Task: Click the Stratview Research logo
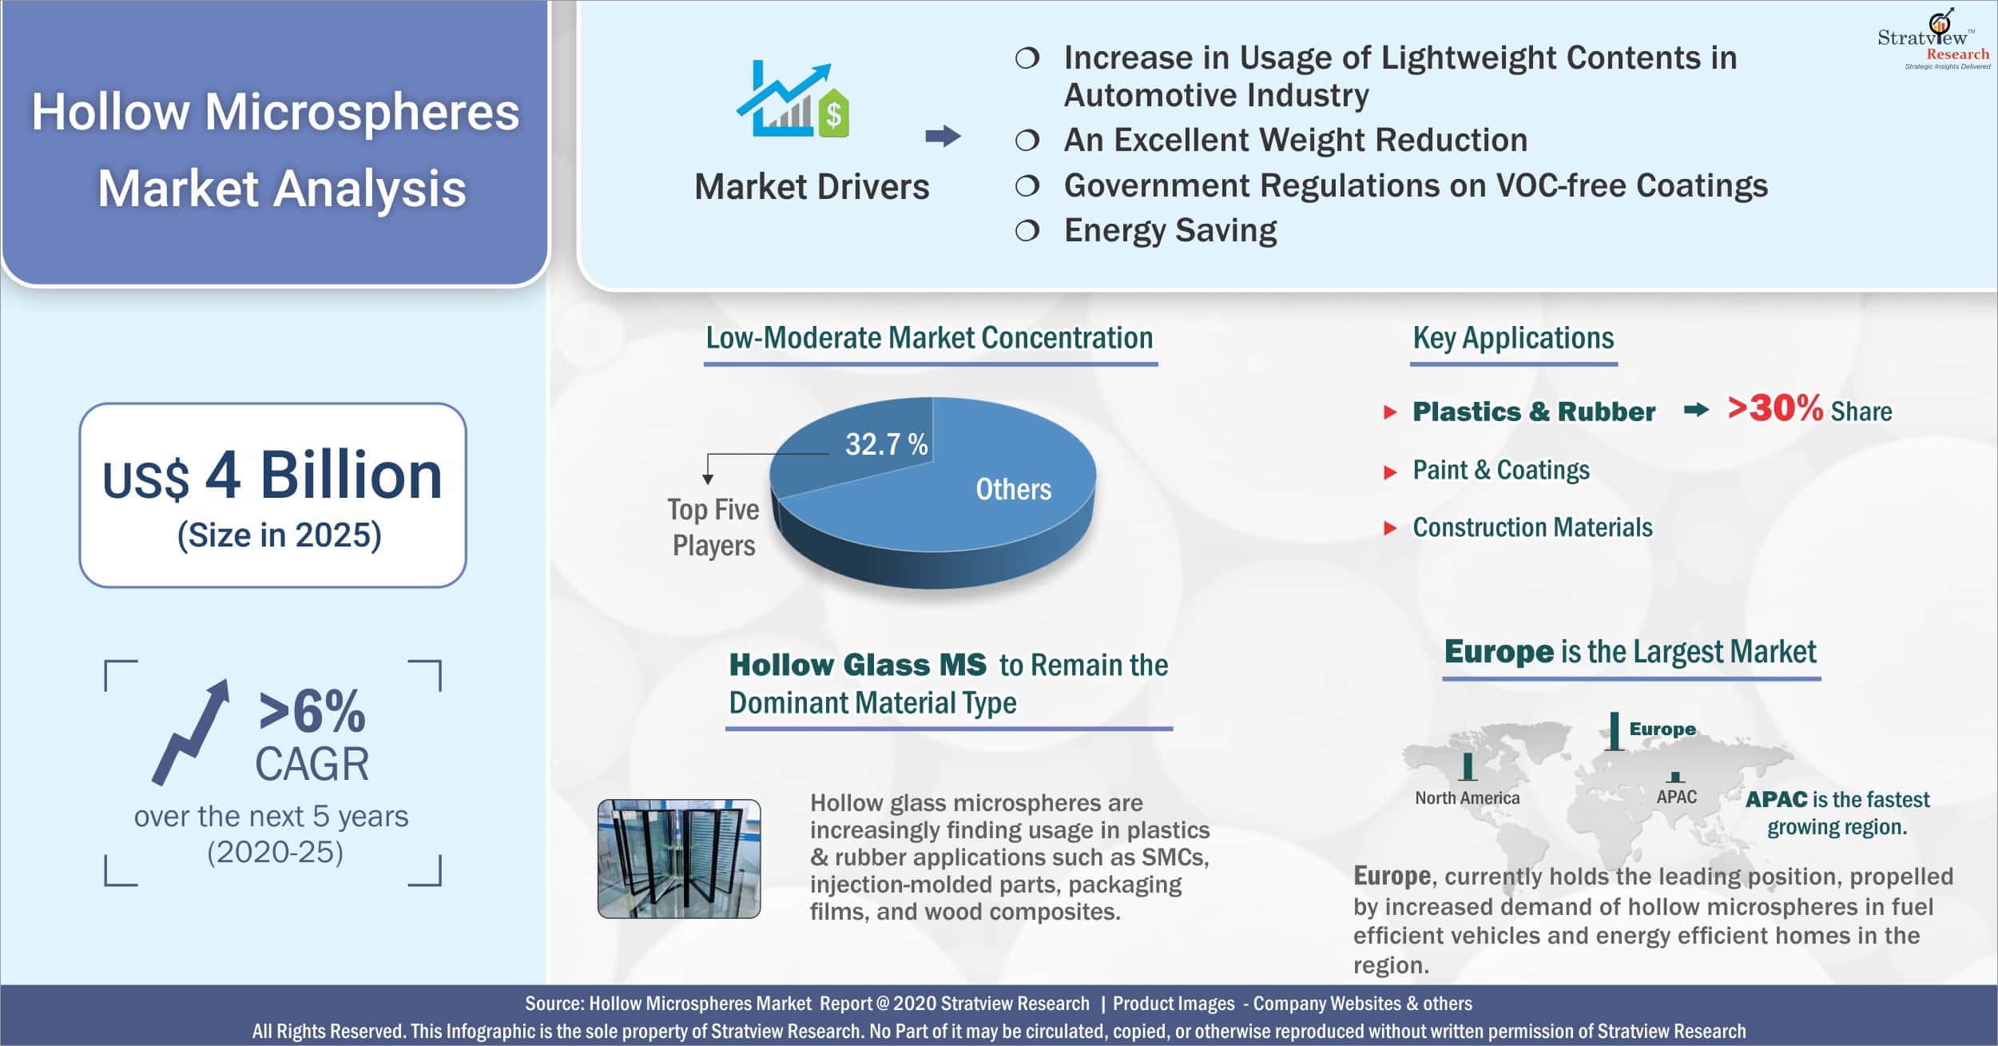click(1933, 40)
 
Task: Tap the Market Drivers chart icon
click(792, 101)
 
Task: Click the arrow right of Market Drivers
click(943, 136)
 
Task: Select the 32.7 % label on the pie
click(887, 444)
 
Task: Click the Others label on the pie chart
click(1013, 489)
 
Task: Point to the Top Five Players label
click(713, 527)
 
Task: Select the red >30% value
click(1775, 408)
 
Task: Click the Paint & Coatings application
click(1501, 470)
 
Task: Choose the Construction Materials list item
click(1532, 527)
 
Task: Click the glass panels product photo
click(679, 858)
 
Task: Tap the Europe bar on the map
click(1615, 731)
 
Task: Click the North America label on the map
click(1467, 797)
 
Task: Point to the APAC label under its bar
click(1676, 797)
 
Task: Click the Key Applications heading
click(1513, 338)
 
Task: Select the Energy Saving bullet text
click(1170, 230)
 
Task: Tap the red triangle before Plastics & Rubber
click(1390, 412)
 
